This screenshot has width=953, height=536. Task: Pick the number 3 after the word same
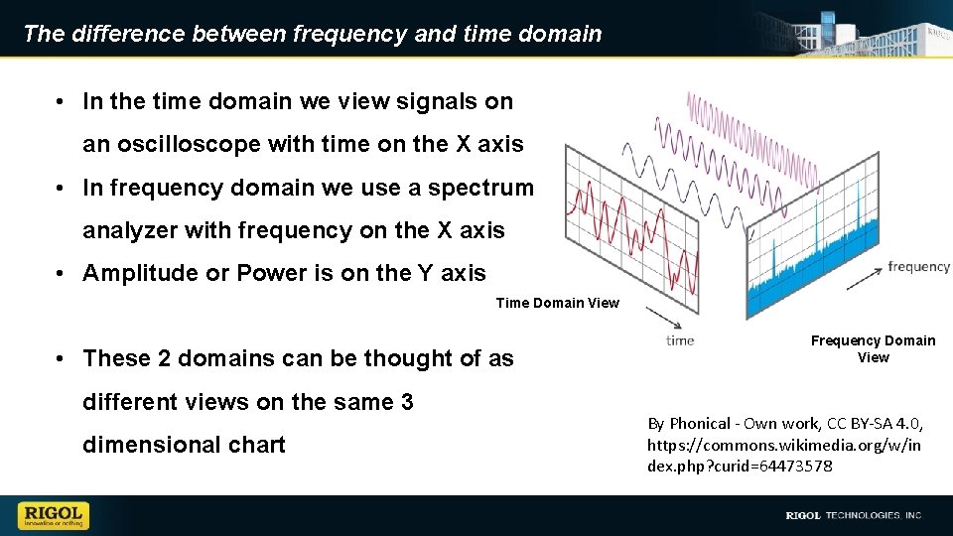tap(407, 402)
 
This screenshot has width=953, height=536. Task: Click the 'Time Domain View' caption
tap(557, 303)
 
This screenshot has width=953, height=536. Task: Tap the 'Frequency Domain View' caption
tap(873, 348)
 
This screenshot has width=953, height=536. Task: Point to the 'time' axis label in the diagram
tap(680, 340)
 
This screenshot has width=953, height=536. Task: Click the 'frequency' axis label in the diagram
tap(918, 266)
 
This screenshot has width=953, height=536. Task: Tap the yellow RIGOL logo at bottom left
tap(54, 515)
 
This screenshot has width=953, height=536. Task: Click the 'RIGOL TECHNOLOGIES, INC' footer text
tap(854, 515)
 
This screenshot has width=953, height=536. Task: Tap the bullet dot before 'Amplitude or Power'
tap(62, 273)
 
